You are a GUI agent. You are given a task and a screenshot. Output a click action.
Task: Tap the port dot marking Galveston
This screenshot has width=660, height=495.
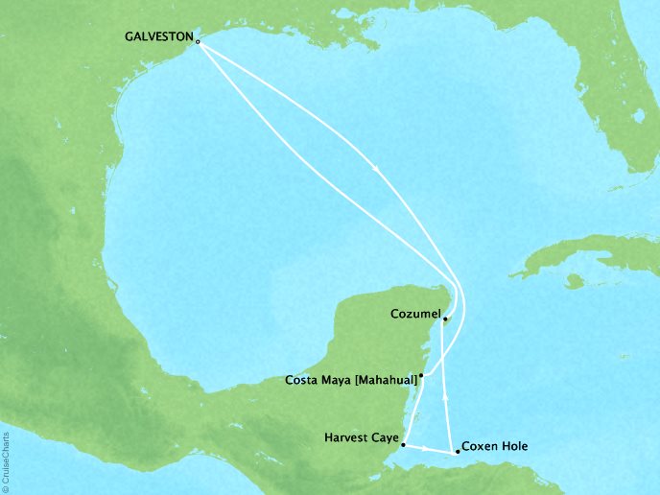point(198,42)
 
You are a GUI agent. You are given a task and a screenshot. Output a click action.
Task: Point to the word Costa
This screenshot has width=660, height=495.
point(303,380)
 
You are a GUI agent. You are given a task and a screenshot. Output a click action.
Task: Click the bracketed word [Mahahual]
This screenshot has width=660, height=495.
point(384,380)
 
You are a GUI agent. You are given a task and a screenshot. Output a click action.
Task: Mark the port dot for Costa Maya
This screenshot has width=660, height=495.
point(421,376)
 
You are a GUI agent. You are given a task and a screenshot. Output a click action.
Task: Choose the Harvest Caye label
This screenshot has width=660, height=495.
point(362,438)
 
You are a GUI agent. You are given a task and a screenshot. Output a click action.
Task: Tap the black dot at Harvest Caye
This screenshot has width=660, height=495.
point(403,445)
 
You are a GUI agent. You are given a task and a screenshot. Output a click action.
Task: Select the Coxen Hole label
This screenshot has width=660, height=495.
point(494,446)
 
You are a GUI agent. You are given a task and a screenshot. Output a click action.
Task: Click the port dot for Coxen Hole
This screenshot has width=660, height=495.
point(457,451)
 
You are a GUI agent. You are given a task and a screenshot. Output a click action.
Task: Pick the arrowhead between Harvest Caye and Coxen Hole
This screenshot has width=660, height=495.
point(427,448)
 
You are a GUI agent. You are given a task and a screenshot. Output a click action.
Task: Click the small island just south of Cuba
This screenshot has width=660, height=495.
point(575,281)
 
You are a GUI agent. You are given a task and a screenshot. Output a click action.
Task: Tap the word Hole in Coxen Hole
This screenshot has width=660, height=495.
point(513,446)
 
